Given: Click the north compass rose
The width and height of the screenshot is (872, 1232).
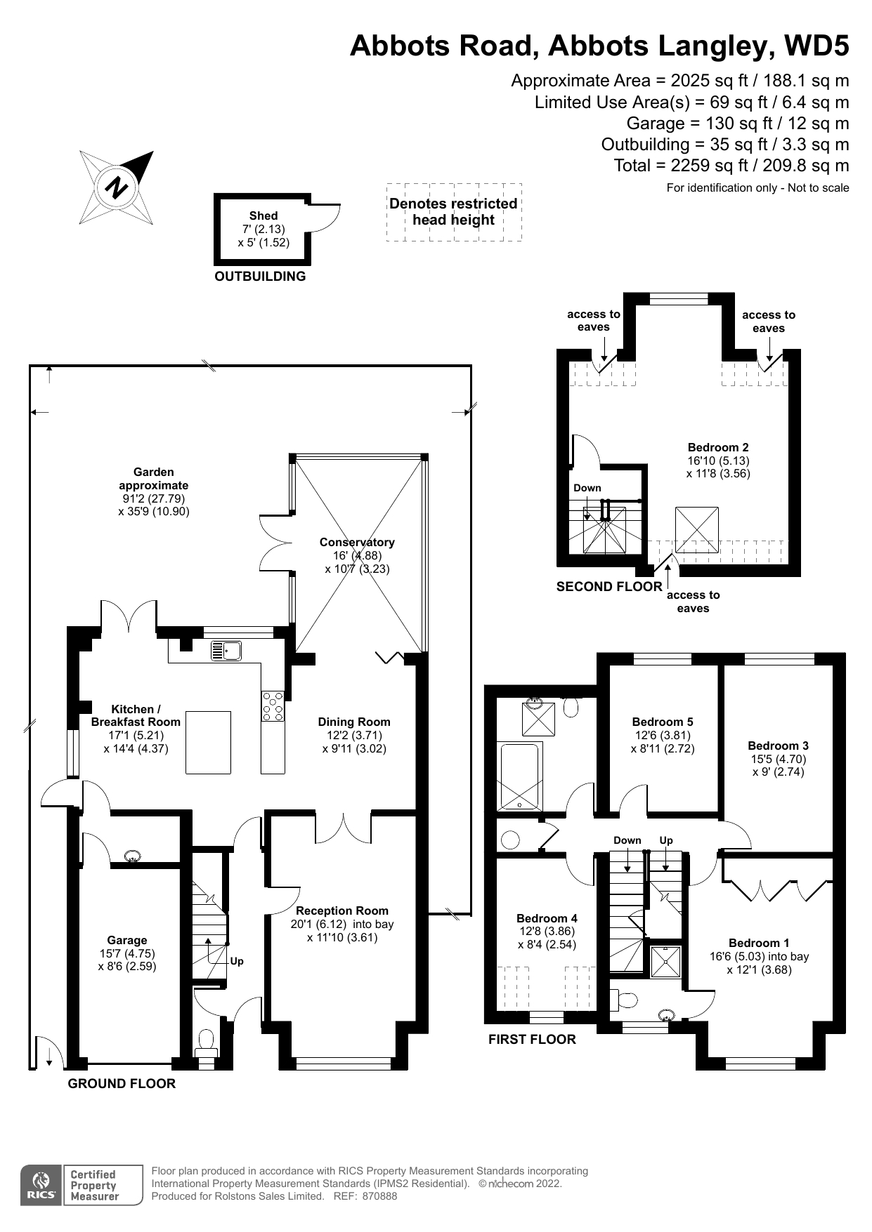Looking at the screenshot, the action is point(116,187).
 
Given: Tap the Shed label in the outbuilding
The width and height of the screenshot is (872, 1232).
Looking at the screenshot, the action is point(263,216).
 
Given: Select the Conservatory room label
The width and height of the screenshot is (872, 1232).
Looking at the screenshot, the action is point(357,542).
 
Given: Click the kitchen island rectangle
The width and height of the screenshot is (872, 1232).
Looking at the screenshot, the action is point(208,742).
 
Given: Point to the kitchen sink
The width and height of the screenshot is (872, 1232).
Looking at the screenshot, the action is point(226,651).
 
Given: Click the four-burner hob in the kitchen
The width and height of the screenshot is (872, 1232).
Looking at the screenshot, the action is point(273,706).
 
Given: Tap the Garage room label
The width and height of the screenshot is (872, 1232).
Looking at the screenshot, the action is point(127,940).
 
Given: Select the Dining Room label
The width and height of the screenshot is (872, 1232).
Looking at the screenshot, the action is point(354,722).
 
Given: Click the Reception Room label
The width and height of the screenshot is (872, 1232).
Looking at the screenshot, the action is point(342,910).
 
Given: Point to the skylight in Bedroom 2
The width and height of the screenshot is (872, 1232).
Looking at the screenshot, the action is point(697,530).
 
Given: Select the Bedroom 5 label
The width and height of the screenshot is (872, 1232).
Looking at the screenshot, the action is point(663,722).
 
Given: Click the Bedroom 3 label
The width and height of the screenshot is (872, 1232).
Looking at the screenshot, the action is point(779,746).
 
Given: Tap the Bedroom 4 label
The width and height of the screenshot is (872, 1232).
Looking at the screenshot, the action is point(547,918).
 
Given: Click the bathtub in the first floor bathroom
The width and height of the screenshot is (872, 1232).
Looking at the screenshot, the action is point(520,776).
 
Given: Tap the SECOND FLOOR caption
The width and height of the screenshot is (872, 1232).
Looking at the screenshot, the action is point(609,587).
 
